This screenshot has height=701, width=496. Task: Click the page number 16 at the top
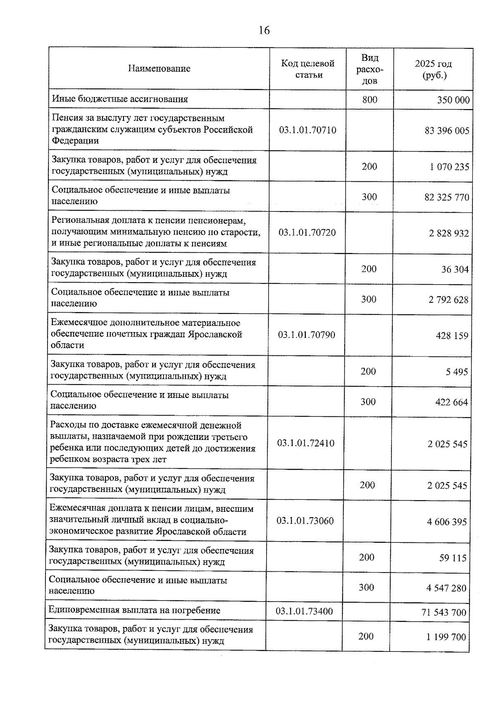coord(264,31)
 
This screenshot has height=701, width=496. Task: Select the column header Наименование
coord(159,69)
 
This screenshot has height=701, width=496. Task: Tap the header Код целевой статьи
coord(308,69)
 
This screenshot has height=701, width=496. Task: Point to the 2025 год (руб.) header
coord(433,69)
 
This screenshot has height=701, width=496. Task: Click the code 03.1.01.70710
coord(308,130)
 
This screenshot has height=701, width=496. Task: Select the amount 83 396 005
coord(447,131)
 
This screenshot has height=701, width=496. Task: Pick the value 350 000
coord(453,100)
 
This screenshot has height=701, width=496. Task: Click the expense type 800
coord(370,100)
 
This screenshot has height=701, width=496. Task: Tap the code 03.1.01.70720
coord(307,232)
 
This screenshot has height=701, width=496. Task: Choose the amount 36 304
coord(455,270)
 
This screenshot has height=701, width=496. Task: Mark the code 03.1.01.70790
coord(307,335)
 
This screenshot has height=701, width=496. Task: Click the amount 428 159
coord(452,335)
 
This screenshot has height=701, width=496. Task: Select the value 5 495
coord(457,372)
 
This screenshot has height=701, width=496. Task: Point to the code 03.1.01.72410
coord(306,443)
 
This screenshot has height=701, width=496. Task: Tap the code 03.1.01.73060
coord(305,520)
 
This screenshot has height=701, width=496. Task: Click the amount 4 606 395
coord(447,522)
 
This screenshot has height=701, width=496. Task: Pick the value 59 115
coord(453,558)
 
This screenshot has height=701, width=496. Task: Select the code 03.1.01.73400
coord(304,611)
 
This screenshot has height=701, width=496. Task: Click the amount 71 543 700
coord(444,612)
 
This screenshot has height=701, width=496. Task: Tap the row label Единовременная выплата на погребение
coord(134,610)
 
